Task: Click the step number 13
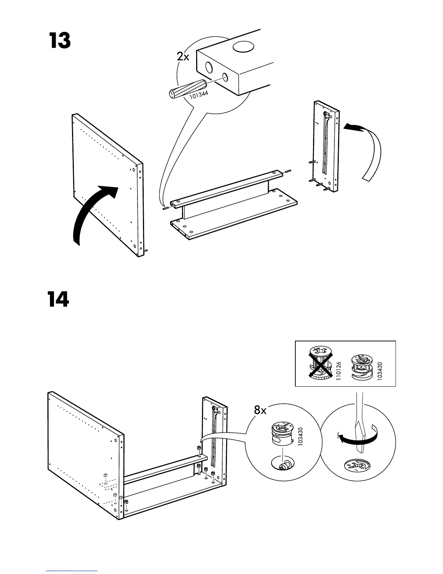coord(59,41)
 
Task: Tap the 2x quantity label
coord(183,57)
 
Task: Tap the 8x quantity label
coord(260,410)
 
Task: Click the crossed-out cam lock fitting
coord(320,363)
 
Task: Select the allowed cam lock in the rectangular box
coord(360,367)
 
